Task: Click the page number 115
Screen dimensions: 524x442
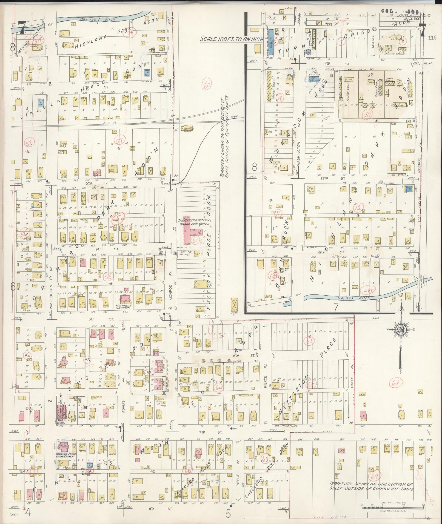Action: pos(433,38)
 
